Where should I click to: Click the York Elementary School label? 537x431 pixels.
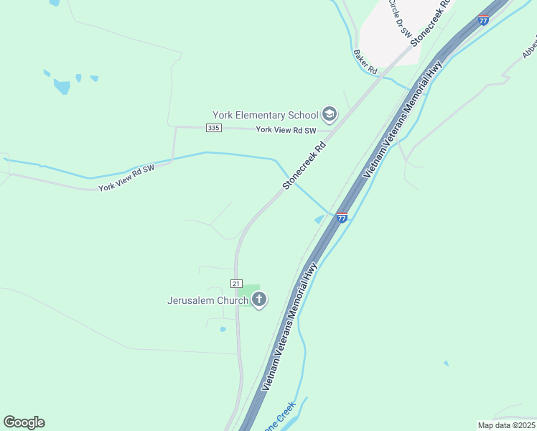pos(265,115)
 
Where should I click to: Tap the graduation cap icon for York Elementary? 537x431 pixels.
pos(330,114)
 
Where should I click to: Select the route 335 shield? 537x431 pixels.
pos(213,128)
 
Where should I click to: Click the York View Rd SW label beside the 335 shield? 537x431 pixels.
pos(286,130)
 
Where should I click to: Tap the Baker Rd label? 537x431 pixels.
pos(365,62)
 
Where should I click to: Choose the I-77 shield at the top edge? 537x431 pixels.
pos(483,20)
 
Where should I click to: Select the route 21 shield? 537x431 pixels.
pos(237,283)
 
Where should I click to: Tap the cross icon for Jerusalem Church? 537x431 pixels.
pos(259,300)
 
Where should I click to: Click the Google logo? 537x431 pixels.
pos(24,422)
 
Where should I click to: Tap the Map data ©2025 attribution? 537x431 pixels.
pos(505,425)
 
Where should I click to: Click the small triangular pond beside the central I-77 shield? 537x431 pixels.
pos(320,218)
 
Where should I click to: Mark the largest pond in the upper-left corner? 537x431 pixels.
pos(62,86)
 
